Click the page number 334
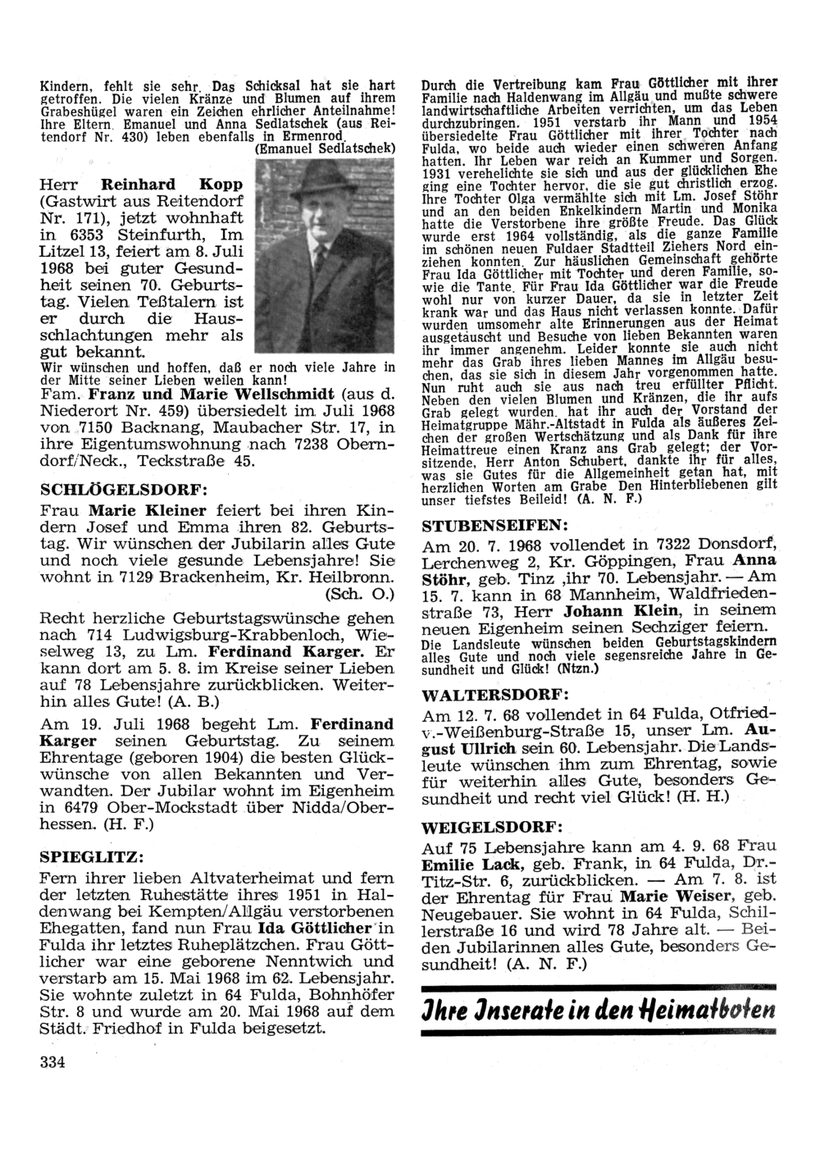52,1063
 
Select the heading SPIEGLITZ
92,856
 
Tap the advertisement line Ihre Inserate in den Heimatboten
598,1009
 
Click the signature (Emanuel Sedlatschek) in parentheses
326,148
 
